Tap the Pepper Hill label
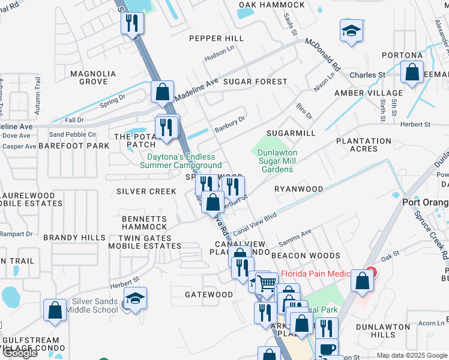pyautogui.click(x=216, y=38)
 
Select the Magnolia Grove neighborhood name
pyautogui.click(x=93, y=77)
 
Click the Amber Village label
pyautogui.click(x=369, y=93)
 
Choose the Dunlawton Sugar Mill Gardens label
pyautogui.click(x=276, y=161)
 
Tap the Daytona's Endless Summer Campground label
pyautogui.click(x=181, y=161)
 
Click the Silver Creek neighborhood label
pyautogui.click(x=146, y=191)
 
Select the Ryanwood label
pyautogui.click(x=298, y=188)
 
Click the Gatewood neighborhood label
pyautogui.click(x=208, y=295)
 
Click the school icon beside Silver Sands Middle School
pyautogui.click(x=136, y=298)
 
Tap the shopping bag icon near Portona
pyautogui.click(x=412, y=73)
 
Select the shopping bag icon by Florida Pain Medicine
pyautogui.click(x=363, y=281)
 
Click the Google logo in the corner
pyautogui.click(x=20, y=353)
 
